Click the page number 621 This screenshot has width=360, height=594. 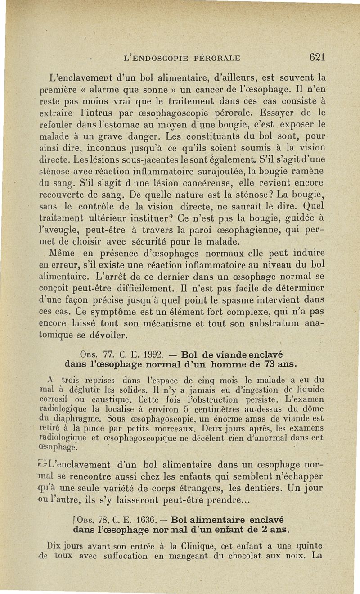click(317, 57)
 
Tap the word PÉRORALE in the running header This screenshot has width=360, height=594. click(213, 58)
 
